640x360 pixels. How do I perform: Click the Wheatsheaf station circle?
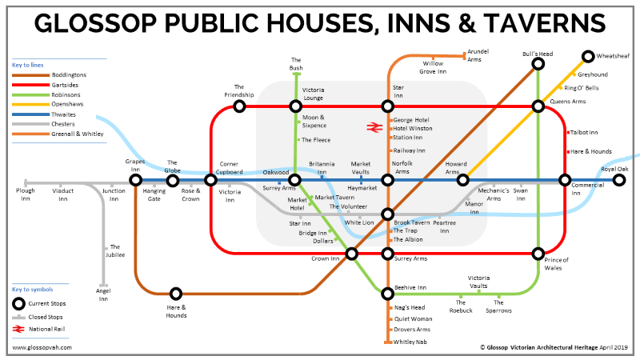[588, 56]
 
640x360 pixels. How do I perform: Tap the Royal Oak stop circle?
[618, 180]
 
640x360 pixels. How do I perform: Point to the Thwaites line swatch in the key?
[29, 114]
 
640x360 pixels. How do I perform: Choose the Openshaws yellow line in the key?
[29, 103]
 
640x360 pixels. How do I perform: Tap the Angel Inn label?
[103, 294]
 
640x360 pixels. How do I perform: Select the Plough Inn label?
[26, 195]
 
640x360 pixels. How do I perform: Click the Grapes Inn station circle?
[135, 180]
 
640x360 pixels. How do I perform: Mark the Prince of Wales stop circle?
[538, 254]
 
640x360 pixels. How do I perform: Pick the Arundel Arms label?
[479, 55]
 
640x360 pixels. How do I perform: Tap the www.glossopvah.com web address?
[42, 348]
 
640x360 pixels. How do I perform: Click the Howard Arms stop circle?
[462, 180]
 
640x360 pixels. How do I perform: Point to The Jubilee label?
[115, 250]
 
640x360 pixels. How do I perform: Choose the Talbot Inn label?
[585, 132]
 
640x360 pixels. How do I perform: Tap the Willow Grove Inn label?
[433, 66]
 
